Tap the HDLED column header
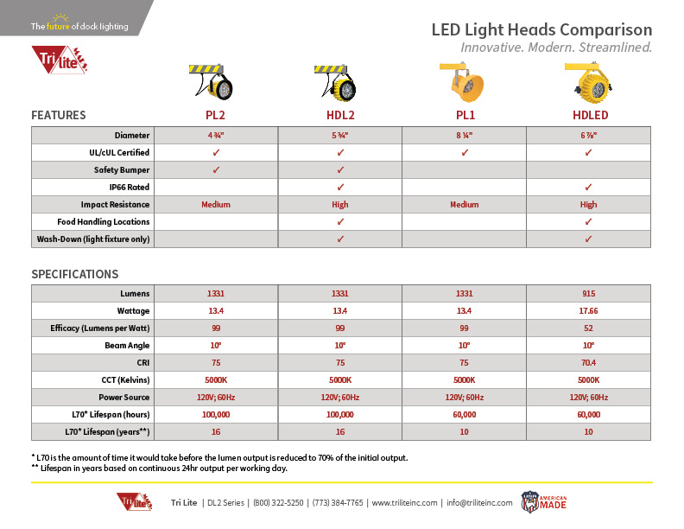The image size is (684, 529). click(588, 115)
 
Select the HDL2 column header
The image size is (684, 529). click(340, 115)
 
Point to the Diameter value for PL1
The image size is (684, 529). click(464, 136)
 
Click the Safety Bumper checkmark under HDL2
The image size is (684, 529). click(340, 170)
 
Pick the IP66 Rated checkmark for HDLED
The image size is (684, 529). click(588, 187)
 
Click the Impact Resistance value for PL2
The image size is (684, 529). click(216, 205)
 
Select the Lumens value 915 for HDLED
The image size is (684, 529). click(588, 294)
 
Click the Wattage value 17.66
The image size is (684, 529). click(588, 311)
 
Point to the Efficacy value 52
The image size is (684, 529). click(588, 328)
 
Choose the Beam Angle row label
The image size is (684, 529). click(128, 346)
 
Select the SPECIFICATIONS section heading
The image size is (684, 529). click(75, 274)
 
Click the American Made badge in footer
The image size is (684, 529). click(541, 502)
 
